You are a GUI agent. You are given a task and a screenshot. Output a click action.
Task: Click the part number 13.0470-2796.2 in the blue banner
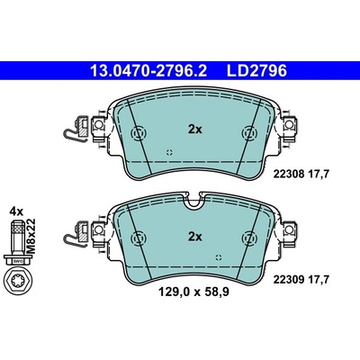click(148, 71)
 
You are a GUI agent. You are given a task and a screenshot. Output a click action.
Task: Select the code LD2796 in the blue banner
click(256, 71)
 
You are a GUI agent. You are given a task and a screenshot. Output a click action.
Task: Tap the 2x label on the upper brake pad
click(194, 130)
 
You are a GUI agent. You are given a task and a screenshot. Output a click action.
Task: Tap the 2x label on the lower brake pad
click(194, 237)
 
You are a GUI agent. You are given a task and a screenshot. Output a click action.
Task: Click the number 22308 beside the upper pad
click(289, 174)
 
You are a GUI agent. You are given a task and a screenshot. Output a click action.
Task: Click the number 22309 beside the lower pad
click(289, 280)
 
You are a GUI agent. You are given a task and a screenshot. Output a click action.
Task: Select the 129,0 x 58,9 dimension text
click(193, 292)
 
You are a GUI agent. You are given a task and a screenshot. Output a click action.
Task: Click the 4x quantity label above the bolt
click(16, 211)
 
